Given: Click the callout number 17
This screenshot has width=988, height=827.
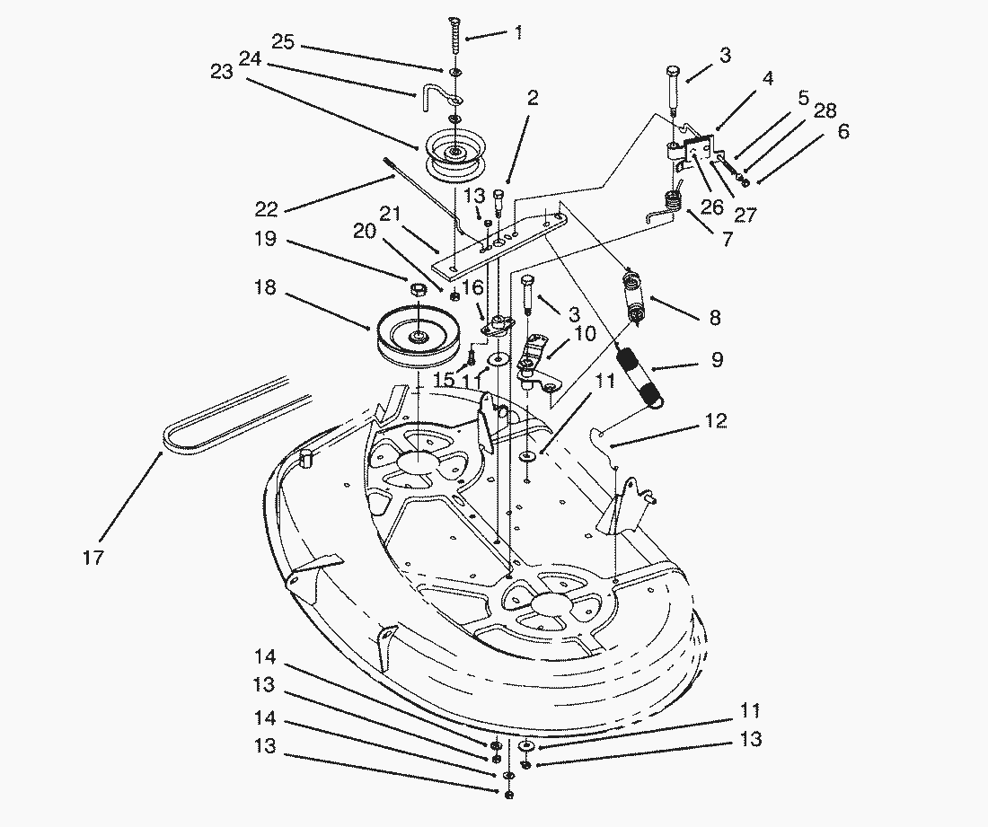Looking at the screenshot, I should [92, 558].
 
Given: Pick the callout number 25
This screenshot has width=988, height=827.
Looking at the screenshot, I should [283, 41].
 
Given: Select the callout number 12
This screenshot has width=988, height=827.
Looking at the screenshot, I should [716, 421].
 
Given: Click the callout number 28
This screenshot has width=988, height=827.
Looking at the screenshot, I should [825, 111].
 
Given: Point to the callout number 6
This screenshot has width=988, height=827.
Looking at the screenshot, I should [842, 132].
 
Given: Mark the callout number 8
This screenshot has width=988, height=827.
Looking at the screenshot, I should [714, 318].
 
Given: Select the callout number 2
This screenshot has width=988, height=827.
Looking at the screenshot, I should [533, 99].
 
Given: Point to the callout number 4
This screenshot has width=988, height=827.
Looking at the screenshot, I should [766, 78].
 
